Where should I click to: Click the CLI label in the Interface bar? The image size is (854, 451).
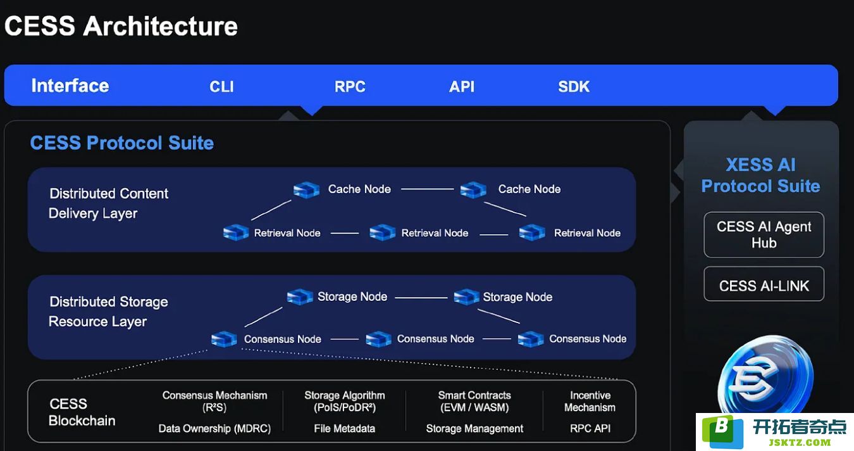point(221,87)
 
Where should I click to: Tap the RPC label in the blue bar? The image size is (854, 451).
point(350,87)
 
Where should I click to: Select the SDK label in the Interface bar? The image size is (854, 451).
point(574,87)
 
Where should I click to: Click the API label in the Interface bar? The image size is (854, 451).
point(462,87)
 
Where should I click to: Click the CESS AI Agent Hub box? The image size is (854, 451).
point(764,234)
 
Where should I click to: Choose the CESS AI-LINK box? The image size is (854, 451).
point(764,284)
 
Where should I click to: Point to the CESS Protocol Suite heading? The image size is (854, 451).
point(121,143)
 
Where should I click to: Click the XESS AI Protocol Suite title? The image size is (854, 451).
point(760,175)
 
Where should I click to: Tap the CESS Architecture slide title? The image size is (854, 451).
point(121,26)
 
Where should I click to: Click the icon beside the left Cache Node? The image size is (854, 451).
point(306,190)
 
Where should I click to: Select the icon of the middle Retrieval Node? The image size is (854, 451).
point(382,232)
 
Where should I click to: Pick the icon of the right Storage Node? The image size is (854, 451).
point(466,296)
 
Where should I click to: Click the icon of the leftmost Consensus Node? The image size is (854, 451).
point(224,339)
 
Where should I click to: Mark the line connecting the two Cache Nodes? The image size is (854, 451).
point(428,189)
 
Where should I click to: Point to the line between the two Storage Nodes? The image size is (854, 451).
point(421,298)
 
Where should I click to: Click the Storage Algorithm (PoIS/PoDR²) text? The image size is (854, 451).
point(345,402)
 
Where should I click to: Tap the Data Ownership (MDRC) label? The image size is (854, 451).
point(214,428)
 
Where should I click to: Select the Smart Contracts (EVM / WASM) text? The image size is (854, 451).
point(474,402)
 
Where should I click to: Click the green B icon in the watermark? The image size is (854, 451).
point(723,431)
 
